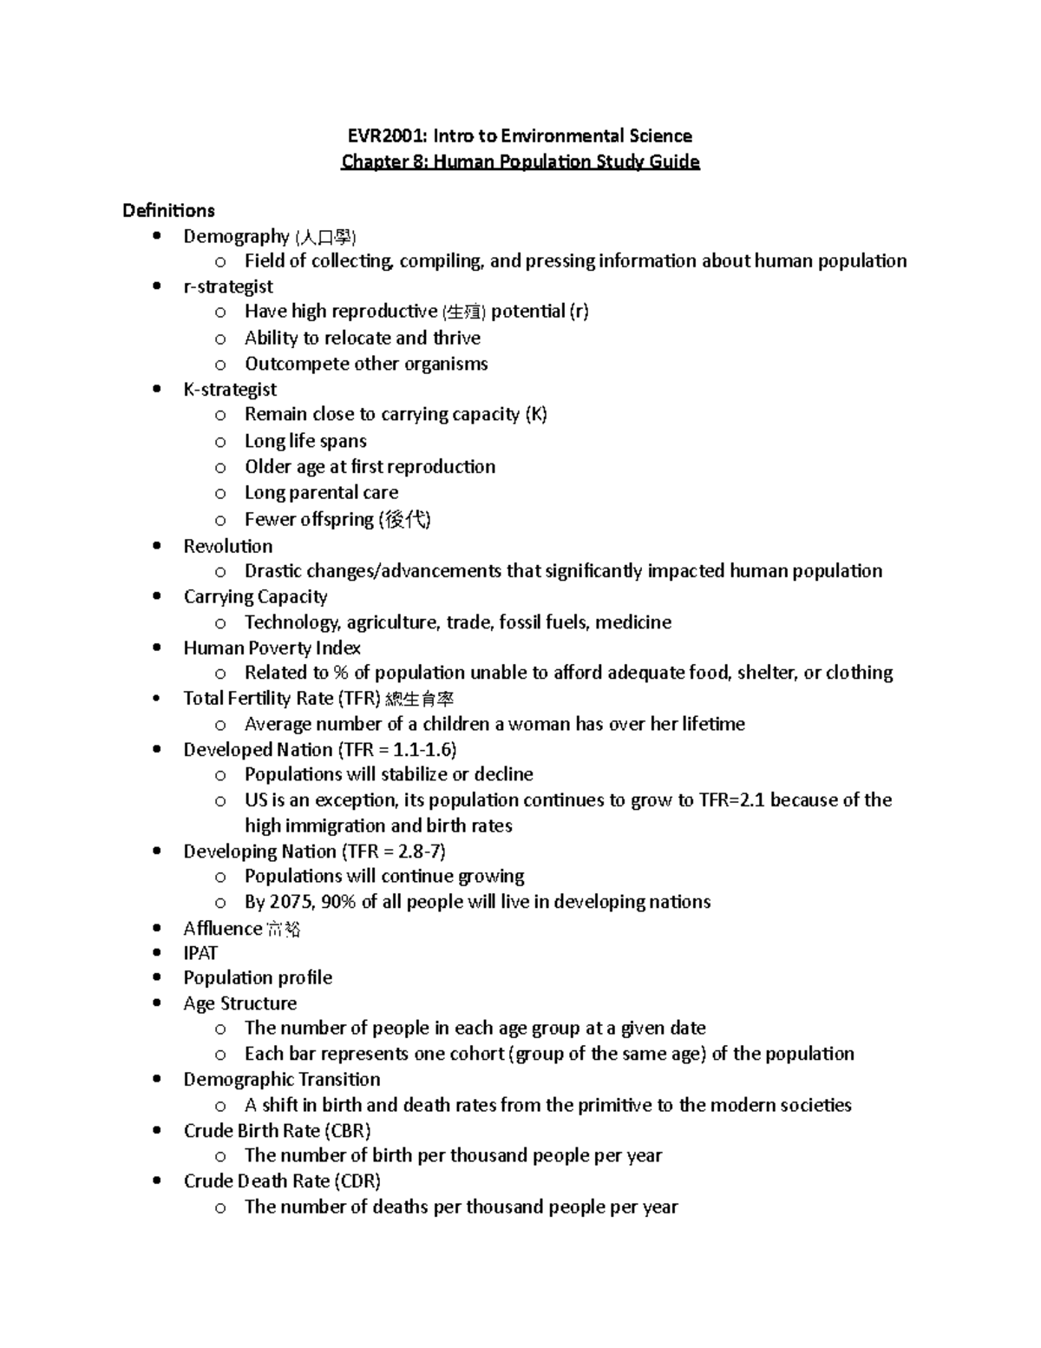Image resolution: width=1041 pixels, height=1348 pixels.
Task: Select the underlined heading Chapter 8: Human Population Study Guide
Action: (x=520, y=161)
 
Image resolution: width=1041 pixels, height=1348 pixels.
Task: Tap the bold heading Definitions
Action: (x=168, y=211)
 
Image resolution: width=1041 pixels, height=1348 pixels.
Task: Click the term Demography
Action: (x=236, y=236)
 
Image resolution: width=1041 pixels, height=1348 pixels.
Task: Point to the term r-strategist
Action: (x=228, y=286)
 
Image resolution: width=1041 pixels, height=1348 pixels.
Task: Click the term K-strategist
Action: (x=230, y=389)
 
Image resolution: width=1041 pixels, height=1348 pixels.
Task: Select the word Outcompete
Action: (x=291, y=364)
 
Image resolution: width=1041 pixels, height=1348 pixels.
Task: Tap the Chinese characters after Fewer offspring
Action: (x=404, y=519)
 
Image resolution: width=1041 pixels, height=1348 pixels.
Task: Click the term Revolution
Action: (x=228, y=546)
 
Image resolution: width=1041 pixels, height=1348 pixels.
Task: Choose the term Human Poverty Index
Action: (x=272, y=648)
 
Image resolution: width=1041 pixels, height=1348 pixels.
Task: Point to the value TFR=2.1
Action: (x=732, y=799)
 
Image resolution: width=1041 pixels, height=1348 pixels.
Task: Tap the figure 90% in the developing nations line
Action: (x=338, y=902)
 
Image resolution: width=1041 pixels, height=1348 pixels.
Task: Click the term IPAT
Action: (x=200, y=953)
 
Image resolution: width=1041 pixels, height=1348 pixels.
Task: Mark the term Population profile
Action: (x=258, y=977)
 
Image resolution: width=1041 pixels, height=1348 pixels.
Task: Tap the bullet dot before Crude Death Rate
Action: (x=156, y=1180)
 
